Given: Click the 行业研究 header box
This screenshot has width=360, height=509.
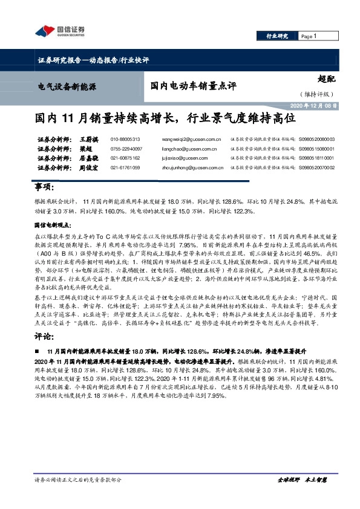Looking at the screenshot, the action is tap(277, 36).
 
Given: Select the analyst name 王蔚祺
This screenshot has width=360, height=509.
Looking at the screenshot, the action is tap(74, 139).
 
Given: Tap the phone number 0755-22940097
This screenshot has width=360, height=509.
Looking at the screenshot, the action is tap(126, 149).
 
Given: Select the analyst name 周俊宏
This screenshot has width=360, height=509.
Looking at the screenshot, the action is tap(74, 167).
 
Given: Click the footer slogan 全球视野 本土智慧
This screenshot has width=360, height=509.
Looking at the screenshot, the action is tap(301, 496).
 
